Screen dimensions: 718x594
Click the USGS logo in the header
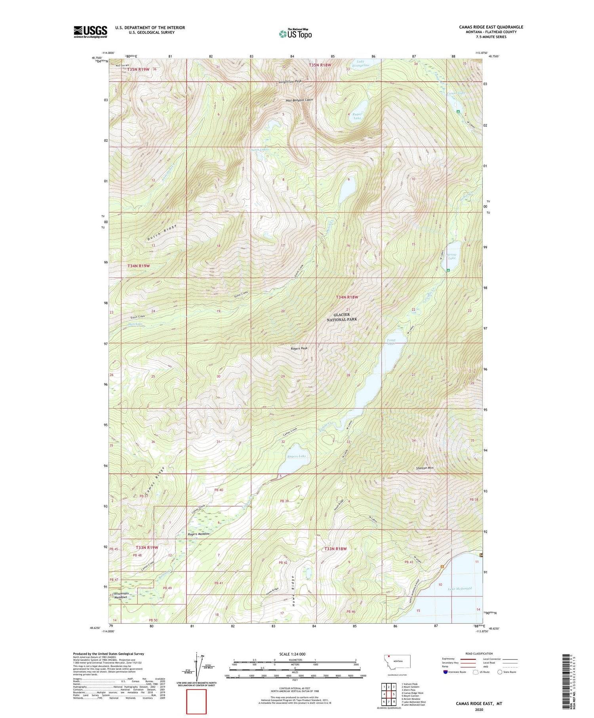pos(90,32)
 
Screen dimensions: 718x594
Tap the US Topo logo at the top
pos(295,34)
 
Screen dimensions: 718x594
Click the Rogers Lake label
pos(297,456)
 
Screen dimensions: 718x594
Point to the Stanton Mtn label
pos(425,468)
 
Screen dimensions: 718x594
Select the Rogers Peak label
pos(299,349)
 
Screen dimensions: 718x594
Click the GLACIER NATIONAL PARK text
pos(342,317)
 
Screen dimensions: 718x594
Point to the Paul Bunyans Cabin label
pos(299,100)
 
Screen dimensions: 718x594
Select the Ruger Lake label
pos(357,116)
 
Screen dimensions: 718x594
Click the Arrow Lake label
pos(451,256)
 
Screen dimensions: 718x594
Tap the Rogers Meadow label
pos(198,534)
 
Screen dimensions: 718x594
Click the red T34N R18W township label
pos(347,297)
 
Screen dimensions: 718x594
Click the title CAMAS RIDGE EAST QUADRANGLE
pos(491,27)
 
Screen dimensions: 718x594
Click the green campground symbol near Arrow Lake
pos(448,270)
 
